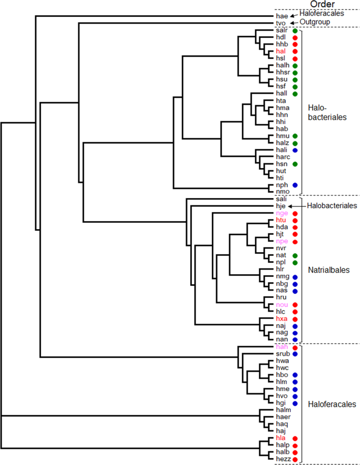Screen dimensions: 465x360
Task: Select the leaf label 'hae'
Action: (281, 16)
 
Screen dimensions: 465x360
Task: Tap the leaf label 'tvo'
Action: (281, 24)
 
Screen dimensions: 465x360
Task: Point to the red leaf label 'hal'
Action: (280, 51)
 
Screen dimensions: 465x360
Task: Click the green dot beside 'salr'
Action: (295, 32)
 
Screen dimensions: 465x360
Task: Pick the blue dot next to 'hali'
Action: (295, 150)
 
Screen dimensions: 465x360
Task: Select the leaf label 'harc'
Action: (283, 157)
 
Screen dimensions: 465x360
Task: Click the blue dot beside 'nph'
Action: (295, 185)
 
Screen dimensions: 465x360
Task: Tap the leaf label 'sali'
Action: (282, 200)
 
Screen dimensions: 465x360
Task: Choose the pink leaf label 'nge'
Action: (281, 214)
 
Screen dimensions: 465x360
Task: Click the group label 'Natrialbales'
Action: (328, 270)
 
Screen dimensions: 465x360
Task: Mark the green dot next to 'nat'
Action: (295, 255)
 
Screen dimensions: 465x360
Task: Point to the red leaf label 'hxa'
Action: (281, 319)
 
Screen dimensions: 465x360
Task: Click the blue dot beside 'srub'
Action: (295, 354)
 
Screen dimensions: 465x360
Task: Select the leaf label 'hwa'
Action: (282, 361)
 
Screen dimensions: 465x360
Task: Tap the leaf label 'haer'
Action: (283, 417)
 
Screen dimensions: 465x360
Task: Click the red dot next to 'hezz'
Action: (295, 460)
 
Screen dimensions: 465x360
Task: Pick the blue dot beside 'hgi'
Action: (295, 403)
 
